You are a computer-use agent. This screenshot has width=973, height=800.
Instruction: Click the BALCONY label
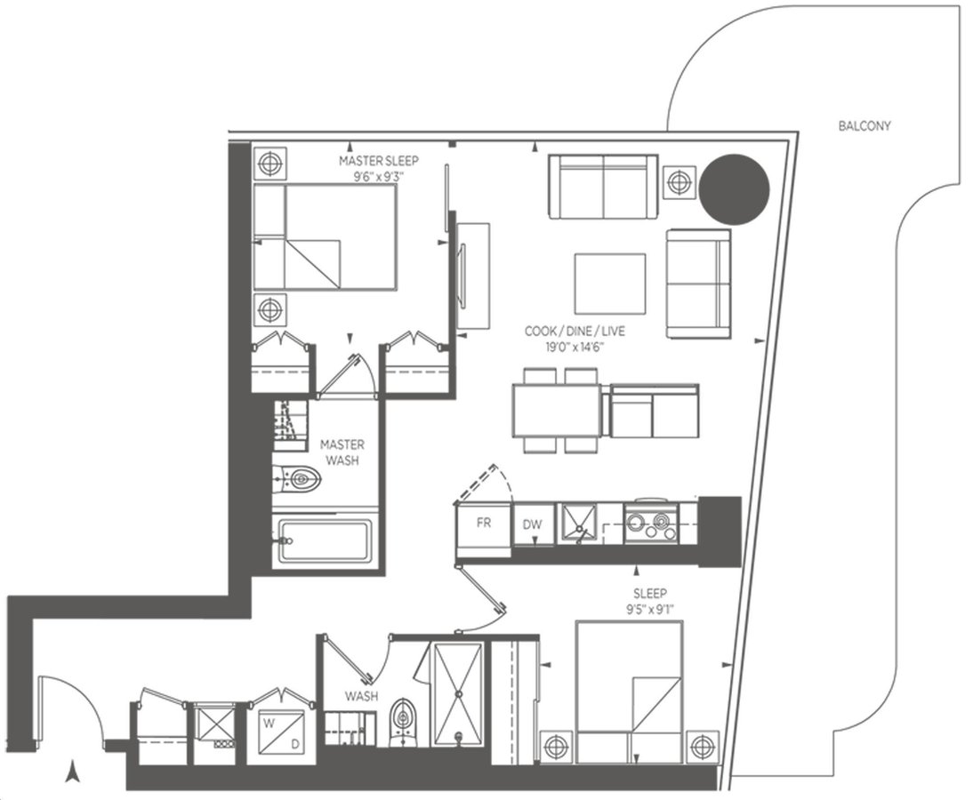point(864,126)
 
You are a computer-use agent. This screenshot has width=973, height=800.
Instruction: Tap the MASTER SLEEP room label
point(379,161)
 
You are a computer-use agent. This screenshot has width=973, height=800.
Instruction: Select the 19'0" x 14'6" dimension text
point(575,348)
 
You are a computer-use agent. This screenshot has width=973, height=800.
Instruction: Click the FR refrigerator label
point(484,523)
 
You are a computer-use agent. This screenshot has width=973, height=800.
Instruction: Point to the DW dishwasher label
point(533,524)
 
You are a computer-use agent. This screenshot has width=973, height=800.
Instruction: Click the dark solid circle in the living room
point(735,188)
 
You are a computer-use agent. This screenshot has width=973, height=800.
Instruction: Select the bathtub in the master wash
point(325,540)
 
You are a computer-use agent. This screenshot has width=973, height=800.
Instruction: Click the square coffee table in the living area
point(609,284)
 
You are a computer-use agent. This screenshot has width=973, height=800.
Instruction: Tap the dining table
point(557,410)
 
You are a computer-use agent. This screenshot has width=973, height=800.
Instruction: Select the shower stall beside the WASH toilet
point(459,693)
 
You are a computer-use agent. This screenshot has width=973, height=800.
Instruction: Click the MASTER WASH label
point(342,452)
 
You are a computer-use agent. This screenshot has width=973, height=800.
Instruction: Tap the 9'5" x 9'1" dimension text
point(649,609)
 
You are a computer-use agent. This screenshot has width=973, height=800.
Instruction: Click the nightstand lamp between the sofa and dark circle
point(680,182)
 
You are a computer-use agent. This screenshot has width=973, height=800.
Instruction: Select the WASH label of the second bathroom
point(361,696)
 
